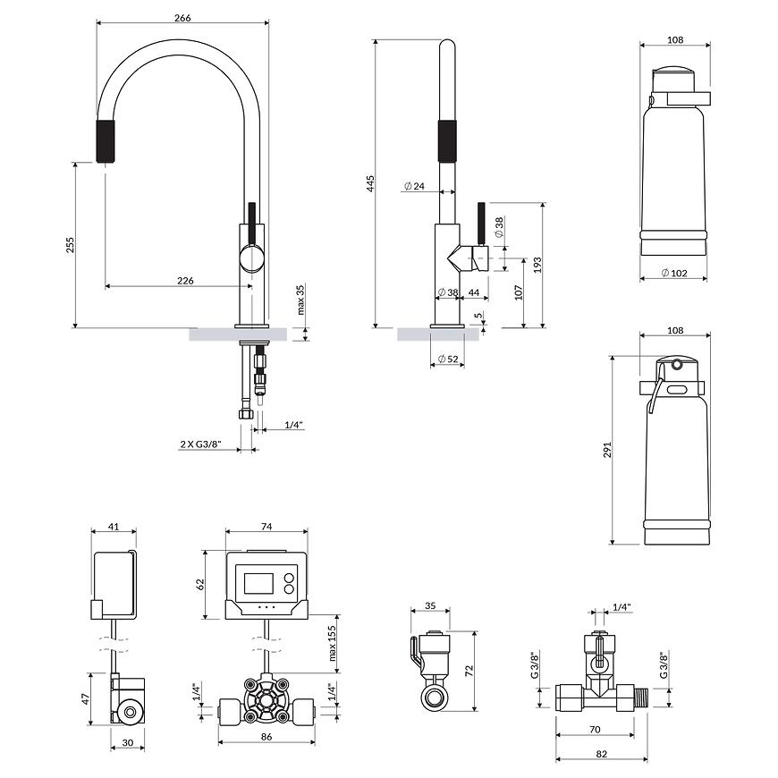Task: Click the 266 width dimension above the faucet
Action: pos(182,18)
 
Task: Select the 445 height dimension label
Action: pos(370,183)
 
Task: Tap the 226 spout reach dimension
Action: pos(185,281)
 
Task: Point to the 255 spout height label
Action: pos(70,245)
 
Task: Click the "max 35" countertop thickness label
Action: pos(300,300)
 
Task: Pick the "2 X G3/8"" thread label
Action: pos(200,444)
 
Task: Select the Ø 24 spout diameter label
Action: pos(414,186)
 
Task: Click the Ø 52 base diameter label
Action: pos(448,359)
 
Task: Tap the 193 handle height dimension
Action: pos(537,265)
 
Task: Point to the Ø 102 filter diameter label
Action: pos(674,273)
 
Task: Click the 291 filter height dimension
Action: pos(608,450)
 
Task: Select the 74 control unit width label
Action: pos(266,527)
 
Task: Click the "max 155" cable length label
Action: pos(332,643)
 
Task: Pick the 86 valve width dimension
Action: pos(266,737)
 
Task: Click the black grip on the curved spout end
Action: pos(106,141)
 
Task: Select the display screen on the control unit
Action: pos(258,583)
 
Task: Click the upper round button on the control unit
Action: pos(288,578)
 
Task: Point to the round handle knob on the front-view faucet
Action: pos(251,258)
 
